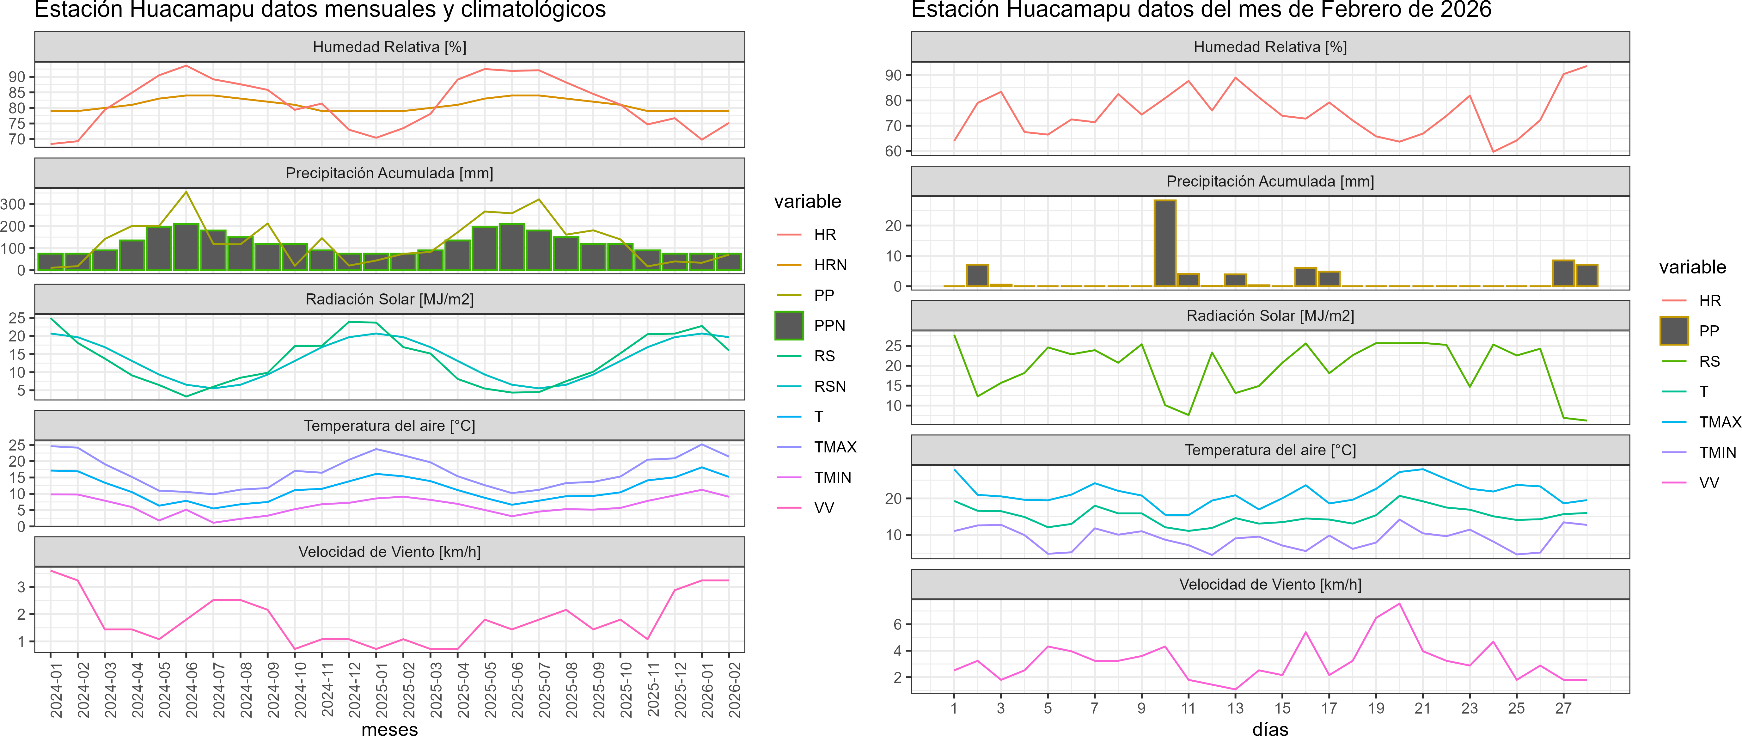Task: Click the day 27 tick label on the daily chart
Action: point(1563,708)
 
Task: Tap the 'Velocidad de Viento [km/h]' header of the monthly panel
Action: point(389,552)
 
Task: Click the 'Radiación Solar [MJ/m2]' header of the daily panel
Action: point(1270,316)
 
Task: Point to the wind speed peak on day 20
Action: point(1399,604)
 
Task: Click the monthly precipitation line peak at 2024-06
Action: point(186,192)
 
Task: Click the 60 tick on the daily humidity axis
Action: point(893,151)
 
